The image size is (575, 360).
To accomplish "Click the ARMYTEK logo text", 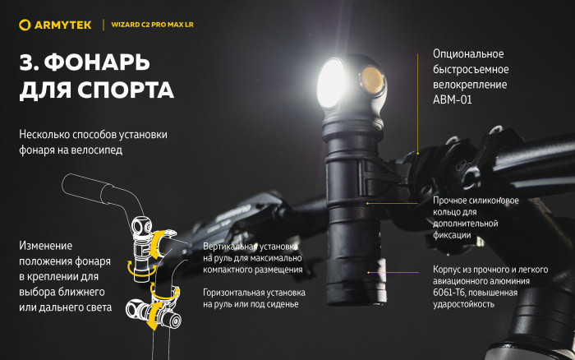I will [x=59, y=25].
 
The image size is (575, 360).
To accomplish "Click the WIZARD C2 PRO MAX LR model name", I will [x=153, y=25].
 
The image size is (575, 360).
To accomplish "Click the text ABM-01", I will [x=453, y=99].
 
